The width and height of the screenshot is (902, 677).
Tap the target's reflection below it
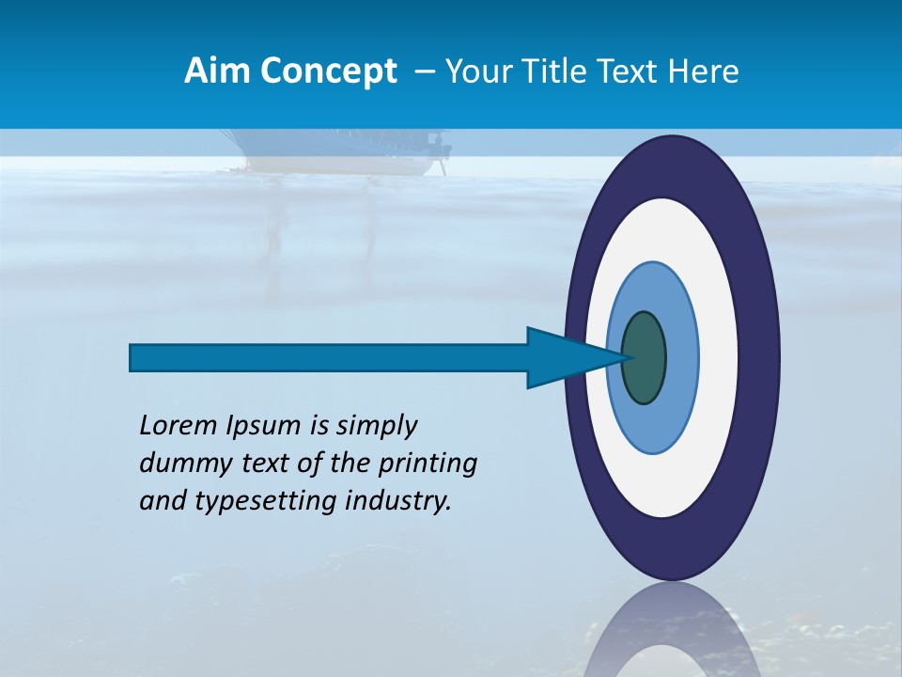tap(672, 630)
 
